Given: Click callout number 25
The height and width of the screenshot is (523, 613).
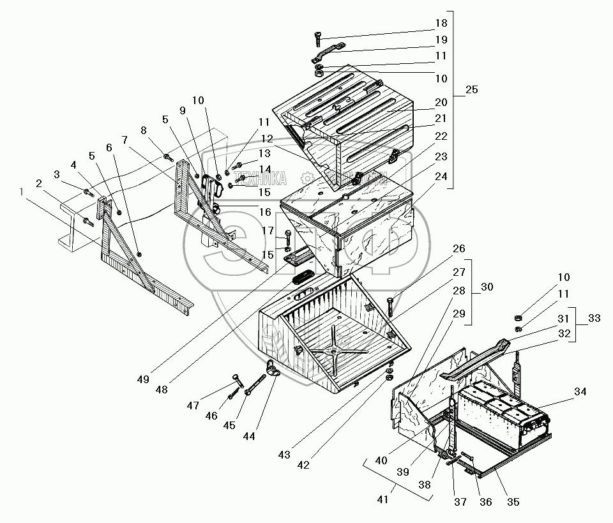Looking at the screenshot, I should (x=471, y=89).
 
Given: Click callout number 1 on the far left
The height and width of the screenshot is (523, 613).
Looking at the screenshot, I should (x=24, y=191).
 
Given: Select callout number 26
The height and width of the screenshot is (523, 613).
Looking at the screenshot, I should (x=458, y=248).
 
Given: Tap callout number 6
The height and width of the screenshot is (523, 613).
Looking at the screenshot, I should (x=109, y=147).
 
